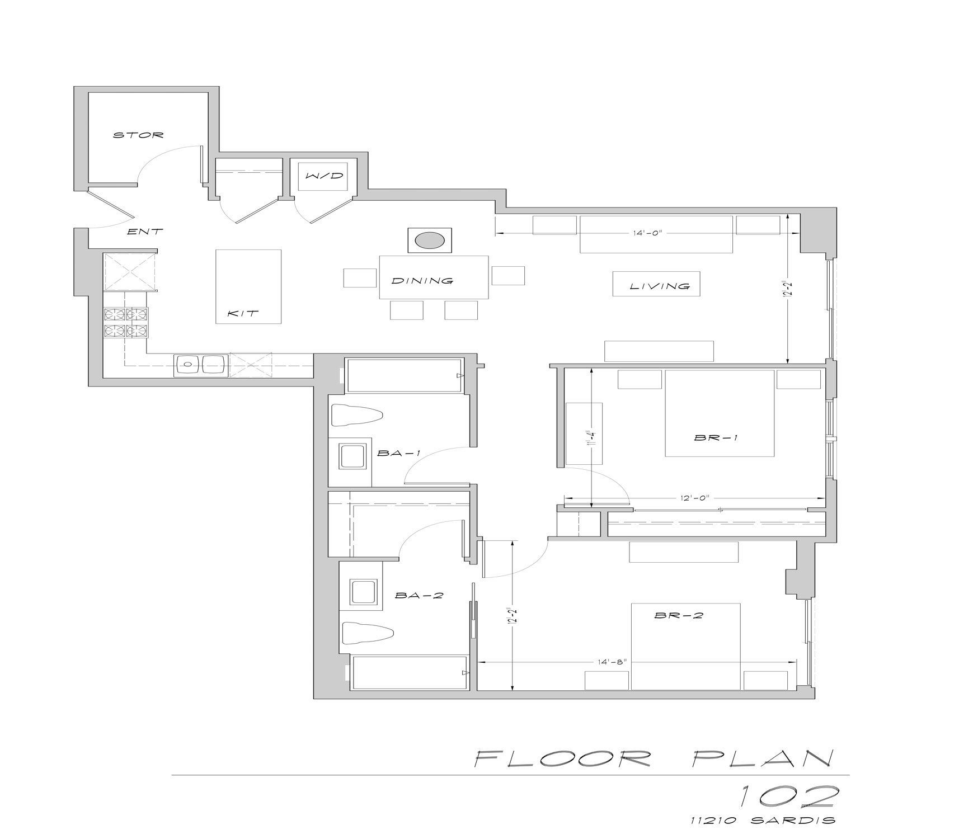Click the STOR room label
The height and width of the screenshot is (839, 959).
click(138, 135)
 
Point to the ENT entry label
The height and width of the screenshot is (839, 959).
click(145, 231)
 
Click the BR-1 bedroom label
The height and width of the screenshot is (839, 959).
click(716, 438)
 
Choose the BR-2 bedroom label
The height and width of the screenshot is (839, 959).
click(678, 616)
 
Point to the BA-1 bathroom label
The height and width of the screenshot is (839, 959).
click(398, 453)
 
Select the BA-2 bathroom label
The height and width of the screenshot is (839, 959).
click(419, 596)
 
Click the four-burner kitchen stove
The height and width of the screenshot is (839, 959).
click(126, 323)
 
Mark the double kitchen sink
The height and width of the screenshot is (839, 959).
click(201, 365)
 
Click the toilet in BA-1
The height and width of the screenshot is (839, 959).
click(357, 416)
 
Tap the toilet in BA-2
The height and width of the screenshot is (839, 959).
click(367, 634)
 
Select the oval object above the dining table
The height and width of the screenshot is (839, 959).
click(429, 241)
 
